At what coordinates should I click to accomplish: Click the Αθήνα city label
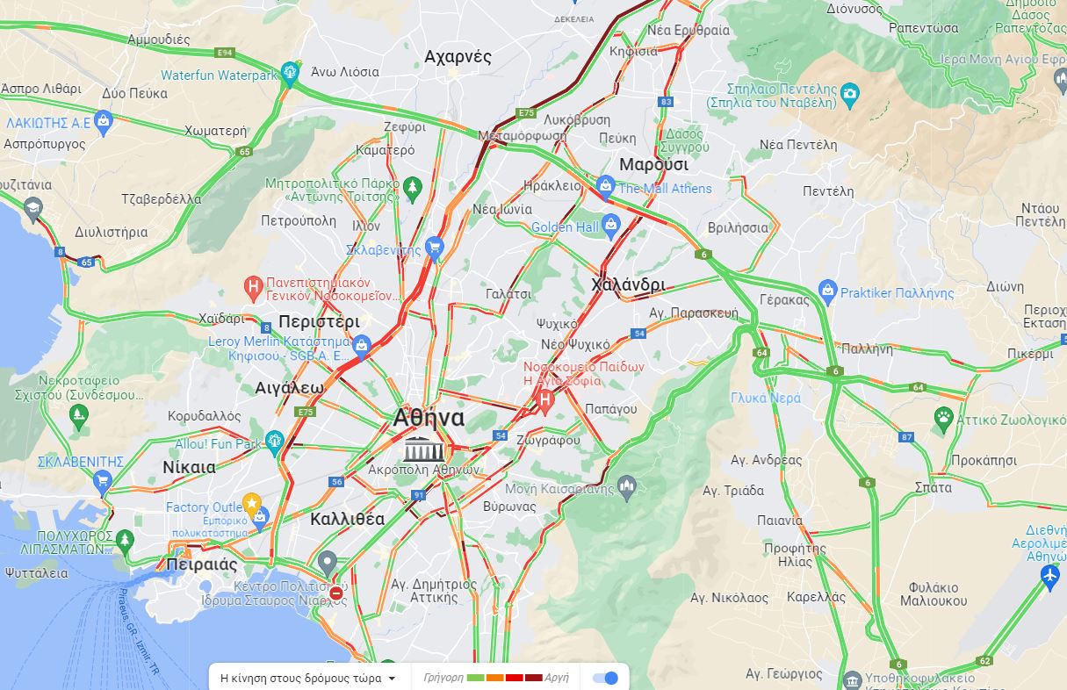click(429, 418)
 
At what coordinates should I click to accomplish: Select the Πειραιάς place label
click(203, 564)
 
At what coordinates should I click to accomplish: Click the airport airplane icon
click(1049, 576)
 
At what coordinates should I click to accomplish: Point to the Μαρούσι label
click(654, 164)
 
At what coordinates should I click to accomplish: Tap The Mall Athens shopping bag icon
click(604, 186)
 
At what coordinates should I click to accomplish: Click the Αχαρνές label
click(458, 57)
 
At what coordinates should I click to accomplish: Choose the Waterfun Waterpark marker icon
click(290, 74)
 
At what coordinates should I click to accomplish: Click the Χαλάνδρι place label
click(628, 284)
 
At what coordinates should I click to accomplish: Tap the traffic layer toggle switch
click(605, 678)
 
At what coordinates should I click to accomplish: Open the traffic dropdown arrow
click(392, 679)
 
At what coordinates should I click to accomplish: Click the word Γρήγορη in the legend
click(443, 678)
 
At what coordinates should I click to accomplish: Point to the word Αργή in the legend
click(557, 678)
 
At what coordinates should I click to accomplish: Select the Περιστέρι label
click(319, 321)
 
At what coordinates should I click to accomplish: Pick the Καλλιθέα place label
click(347, 519)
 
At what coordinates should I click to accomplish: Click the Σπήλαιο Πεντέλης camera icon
click(849, 93)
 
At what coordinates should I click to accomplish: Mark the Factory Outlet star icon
click(253, 505)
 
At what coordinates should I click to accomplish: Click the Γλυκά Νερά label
click(766, 398)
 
